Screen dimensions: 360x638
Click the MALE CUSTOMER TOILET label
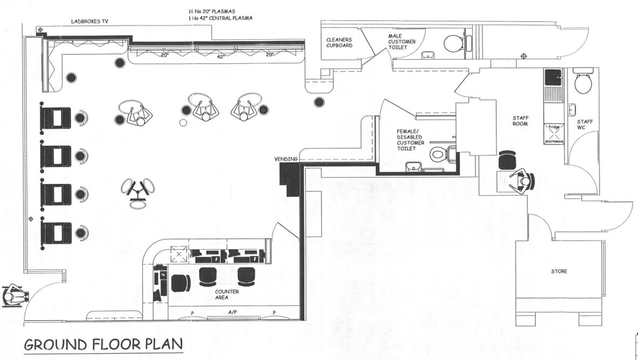point(402,41)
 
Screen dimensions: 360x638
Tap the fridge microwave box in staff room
point(554,134)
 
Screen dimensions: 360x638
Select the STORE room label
point(559,271)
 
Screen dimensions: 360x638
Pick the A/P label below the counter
point(232,312)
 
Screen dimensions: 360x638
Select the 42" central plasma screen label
point(221,56)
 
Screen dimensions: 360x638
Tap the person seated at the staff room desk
point(522,182)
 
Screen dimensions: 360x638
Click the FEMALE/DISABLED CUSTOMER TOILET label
point(411,140)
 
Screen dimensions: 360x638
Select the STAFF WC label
point(585,125)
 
